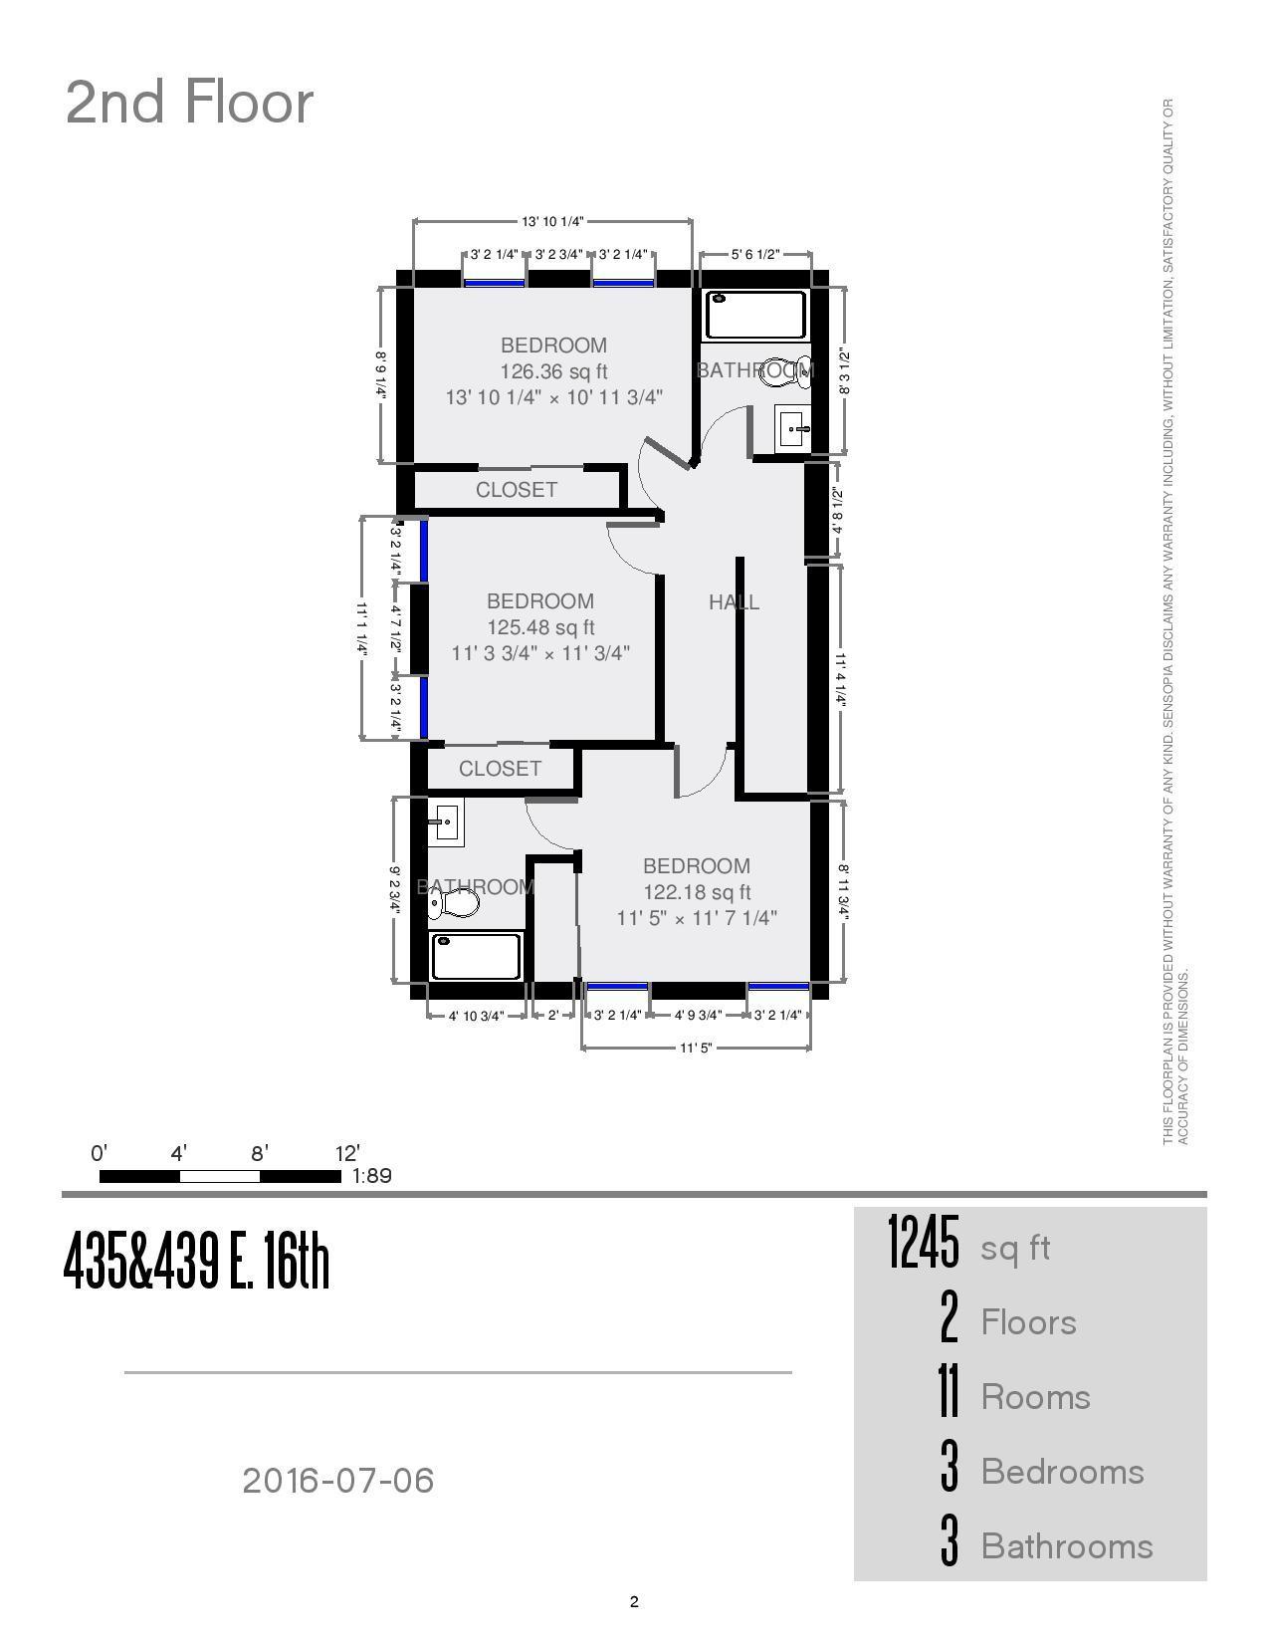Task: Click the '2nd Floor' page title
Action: (x=189, y=103)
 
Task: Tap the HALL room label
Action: (x=734, y=601)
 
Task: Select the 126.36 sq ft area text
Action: (x=553, y=371)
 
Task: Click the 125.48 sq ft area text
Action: (x=540, y=627)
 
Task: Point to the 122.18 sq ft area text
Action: (x=697, y=892)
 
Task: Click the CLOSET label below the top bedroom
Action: (x=516, y=490)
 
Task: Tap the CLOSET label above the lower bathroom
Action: (x=500, y=769)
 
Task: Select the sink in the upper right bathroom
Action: (x=793, y=430)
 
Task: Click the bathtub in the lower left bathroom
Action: (x=476, y=956)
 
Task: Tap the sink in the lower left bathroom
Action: (x=445, y=822)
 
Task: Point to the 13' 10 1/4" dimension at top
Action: (x=552, y=221)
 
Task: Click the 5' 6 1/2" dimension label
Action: (x=755, y=254)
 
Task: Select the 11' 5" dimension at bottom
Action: (x=696, y=1048)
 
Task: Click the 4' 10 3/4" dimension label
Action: (x=477, y=1016)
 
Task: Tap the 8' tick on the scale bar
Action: (x=260, y=1154)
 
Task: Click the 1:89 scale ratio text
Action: (x=371, y=1176)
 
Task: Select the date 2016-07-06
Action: (x=338, y=1481)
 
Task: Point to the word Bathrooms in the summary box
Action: (x=1067, y=1546)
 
